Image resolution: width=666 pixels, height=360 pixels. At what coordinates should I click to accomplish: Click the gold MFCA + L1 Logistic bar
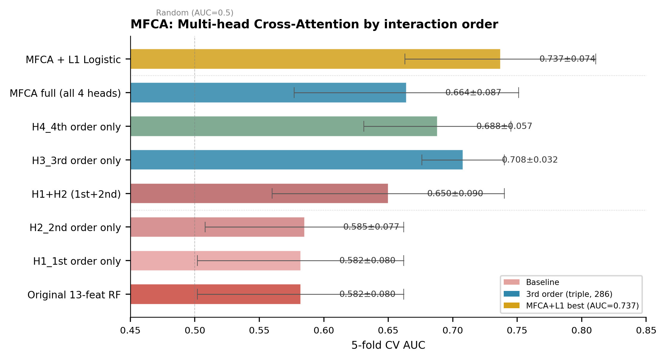(x=315, y=59)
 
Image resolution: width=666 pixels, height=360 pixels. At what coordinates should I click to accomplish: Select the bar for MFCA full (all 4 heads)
(x=268, y=93)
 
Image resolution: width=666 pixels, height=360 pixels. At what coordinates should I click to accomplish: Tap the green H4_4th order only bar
(x=284, y=126)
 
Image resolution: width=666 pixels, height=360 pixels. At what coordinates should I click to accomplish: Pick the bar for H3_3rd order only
(x=297, y=160)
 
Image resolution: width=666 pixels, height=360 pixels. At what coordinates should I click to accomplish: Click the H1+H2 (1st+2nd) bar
(x=259, y=194)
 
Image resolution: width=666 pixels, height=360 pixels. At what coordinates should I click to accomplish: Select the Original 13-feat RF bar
(x=216, y=294)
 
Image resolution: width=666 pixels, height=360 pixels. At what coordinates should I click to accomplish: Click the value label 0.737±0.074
(x=567, y=59)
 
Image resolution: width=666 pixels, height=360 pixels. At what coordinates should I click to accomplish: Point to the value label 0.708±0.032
(x=530, y=160)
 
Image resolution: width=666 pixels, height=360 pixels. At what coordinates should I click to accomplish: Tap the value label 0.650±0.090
(x=455, y=194)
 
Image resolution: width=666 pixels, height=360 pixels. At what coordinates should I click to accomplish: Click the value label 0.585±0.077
(x=371, y=227)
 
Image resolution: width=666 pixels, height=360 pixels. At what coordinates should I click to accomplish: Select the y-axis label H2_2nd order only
(x=75, y=228)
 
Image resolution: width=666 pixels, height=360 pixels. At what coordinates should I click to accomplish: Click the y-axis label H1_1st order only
(x=77, y=261)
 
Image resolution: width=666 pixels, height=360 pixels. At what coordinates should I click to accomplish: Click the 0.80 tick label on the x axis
(x=582, y=331)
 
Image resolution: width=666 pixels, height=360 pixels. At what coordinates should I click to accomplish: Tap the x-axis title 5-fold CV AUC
(x=388, y=345)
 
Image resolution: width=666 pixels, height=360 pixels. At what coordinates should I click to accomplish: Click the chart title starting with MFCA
(x=314, y=24)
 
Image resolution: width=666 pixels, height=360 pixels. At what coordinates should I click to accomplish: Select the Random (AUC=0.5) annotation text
(x=195, y=13)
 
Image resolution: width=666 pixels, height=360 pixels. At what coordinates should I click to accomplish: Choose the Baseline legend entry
(x=531, y=282)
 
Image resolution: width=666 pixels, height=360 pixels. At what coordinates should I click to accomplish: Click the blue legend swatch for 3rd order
(x=511, y=294)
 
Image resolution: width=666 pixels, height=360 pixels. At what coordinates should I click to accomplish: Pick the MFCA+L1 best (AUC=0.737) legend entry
(x=571, y=306)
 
